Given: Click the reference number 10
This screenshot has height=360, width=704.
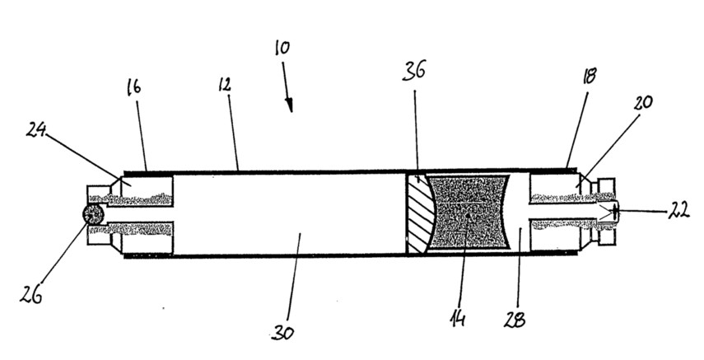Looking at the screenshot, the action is click(x=282, y=48).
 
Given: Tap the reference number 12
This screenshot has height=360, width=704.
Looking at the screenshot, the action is click(x=225, y=84).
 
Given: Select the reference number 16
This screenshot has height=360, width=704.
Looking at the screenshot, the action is click(x=133, y=86).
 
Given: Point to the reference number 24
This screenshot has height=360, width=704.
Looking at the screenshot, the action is click(x=37, y=130).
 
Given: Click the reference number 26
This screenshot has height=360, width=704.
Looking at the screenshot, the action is click(x=31, y=294).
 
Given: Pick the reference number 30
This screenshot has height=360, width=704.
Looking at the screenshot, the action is click(x=283, y=333).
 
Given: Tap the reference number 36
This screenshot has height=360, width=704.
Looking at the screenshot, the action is click(x=414, y=71).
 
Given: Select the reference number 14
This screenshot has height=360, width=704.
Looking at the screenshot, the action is click(x=458, y=319).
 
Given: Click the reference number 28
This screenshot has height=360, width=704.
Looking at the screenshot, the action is click(x=515, y=320).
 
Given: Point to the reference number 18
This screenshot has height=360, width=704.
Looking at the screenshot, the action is click(x=589, y=77).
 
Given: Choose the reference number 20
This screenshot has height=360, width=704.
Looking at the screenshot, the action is click(x=643, y=102).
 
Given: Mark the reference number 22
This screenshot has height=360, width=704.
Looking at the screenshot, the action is click(x=678, y=211).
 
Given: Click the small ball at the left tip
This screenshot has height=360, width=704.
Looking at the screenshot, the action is click(x=93, y=214).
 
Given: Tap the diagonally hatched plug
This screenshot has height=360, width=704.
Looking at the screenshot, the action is click(x=419, y=213).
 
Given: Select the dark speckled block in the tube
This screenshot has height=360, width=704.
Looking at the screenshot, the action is click(x=469, y=213).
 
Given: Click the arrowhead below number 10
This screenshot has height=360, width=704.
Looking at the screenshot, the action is click(x=290, y=106).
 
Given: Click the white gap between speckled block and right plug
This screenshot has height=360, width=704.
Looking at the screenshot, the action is click(x=520, y=213).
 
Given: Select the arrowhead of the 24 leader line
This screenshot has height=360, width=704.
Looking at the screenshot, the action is click(x=118, y=179).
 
